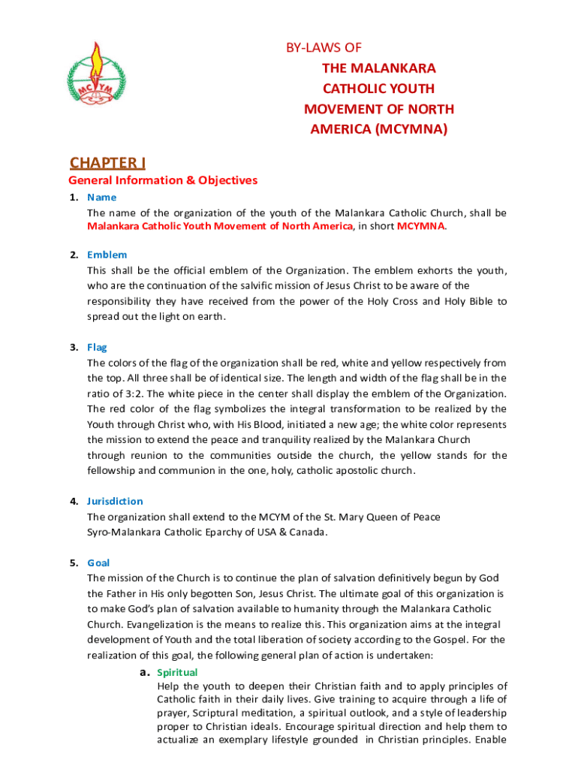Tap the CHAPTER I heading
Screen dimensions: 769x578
[107, 163]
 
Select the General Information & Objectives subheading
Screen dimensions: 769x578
[163, 180]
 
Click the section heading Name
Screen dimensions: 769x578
[102, 198]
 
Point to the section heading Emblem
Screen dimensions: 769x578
[107, 255]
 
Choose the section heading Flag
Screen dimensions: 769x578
[97, 348]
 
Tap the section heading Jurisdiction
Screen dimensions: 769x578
[115, 501]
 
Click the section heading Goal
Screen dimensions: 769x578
[98, 562]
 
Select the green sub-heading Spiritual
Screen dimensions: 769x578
[177, 673]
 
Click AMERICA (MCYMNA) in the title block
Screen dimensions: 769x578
[379, 129]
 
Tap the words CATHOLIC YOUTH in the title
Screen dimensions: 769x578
[379, 89]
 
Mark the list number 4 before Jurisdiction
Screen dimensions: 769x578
[74, 501]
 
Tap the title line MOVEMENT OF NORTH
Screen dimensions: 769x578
[379, 109]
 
